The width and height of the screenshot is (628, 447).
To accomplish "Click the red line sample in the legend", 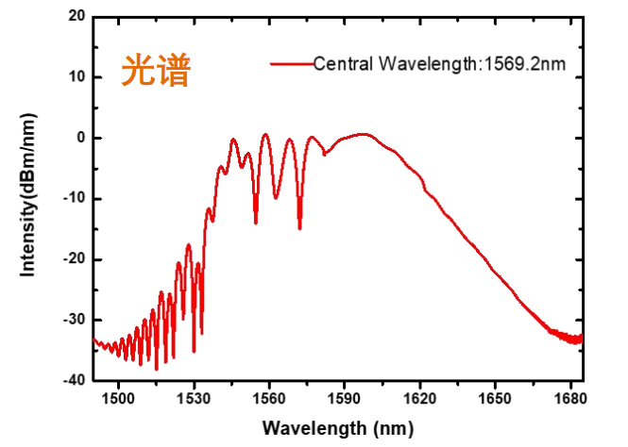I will [x=290, y=64].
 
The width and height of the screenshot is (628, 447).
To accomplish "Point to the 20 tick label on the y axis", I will [x=76, y=17].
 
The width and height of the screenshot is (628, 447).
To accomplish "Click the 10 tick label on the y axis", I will [x=76, y=77].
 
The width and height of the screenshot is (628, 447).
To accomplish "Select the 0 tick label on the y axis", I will [x=80, y=138].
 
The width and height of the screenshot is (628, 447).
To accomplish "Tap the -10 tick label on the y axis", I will [x=74, y=199].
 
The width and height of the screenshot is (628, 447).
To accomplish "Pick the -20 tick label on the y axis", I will [x=74, y=259].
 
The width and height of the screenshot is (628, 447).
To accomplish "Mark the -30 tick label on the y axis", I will [x=74, y=320].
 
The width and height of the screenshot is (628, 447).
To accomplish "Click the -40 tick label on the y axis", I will [x=74, y=380].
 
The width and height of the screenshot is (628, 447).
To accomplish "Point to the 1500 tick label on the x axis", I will [x=118, y=399].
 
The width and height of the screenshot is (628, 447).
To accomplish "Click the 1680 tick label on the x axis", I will [x=570, y=399].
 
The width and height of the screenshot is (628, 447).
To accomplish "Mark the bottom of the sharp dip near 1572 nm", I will [x=299, y=227].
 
